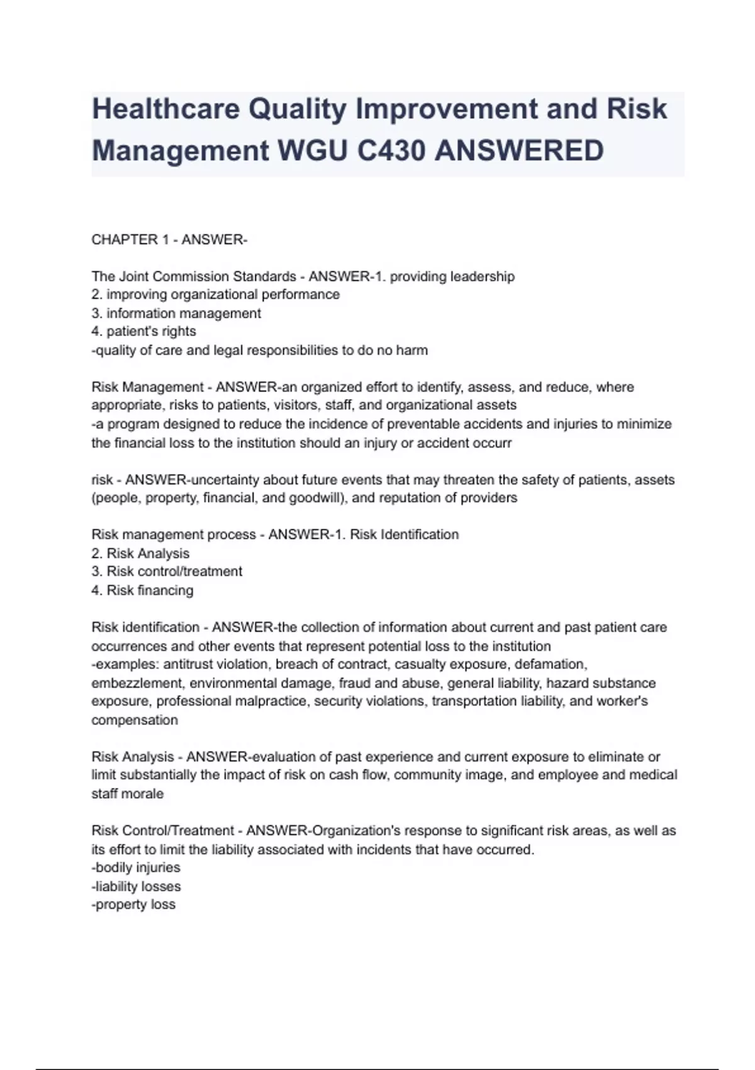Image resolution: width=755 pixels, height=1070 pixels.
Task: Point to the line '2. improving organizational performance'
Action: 216,295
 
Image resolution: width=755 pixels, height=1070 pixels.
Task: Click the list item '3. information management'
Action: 176,313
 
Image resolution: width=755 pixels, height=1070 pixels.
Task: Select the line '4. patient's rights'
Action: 143,332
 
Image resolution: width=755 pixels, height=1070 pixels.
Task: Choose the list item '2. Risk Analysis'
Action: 140,553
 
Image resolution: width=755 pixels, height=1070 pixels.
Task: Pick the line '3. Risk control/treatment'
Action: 167,572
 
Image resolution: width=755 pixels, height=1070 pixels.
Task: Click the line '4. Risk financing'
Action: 142,590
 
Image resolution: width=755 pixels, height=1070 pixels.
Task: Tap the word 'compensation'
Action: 135,720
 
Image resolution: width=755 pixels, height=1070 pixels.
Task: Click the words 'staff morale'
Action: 128,794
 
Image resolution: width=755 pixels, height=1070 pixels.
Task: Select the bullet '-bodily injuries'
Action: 136,867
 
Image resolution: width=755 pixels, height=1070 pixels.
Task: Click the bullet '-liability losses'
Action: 136,886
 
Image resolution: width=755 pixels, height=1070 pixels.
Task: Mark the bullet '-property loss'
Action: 133,904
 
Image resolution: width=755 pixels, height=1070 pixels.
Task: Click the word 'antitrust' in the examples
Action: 188,664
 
